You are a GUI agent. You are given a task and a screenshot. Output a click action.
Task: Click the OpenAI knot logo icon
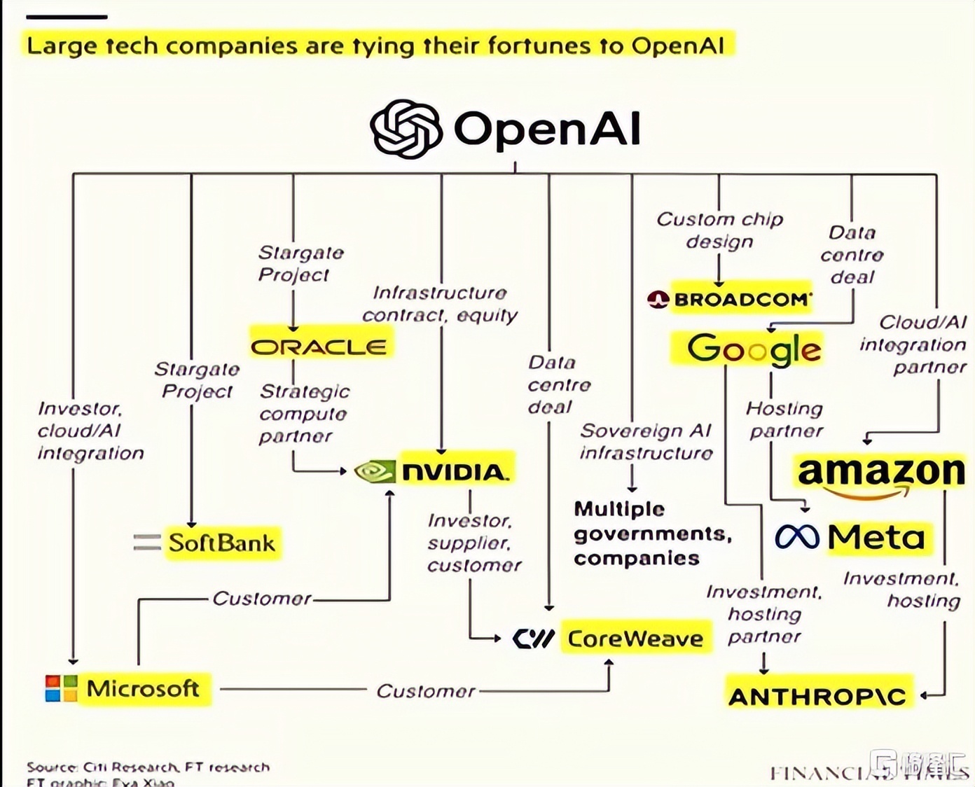[x=406, y=129]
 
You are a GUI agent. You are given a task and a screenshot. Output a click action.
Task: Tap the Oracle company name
[x=319, y=347]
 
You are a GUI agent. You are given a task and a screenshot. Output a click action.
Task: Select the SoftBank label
[x=222, y=543]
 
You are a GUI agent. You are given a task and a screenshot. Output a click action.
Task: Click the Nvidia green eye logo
[x=375, y=471]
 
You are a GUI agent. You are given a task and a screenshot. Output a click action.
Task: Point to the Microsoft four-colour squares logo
[x=61, y=688]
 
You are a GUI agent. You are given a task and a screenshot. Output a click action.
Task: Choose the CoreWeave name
[x=635, y=639]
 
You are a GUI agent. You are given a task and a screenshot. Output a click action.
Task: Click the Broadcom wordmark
[x=741, y=300]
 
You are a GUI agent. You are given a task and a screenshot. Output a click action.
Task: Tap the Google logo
[x=754, y=349]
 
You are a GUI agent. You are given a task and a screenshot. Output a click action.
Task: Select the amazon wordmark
[x=880, y=472]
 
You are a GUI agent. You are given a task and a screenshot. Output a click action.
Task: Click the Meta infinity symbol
[x=797, y=537]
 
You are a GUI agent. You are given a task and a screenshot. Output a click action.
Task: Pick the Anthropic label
[x=817, y=696]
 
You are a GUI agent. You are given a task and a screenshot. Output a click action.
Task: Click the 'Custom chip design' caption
[x=719, y=230]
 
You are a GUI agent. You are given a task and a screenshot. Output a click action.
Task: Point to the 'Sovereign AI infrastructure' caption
[x=646, y=442]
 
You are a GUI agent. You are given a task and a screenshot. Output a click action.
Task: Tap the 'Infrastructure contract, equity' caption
[x=440, y=304]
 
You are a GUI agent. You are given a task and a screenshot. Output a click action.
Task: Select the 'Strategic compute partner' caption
[x=304, y=414]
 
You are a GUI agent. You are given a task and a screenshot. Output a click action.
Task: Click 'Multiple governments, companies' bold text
[x=652, y=534]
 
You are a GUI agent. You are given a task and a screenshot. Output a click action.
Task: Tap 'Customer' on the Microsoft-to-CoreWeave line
[x=426, y=691]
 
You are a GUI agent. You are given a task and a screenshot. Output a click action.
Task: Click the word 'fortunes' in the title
[x=539, y=46]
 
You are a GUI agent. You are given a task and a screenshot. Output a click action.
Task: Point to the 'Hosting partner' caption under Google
[x=784, y=419]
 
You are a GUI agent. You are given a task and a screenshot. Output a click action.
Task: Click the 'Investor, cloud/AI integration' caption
[x=90, y=431]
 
